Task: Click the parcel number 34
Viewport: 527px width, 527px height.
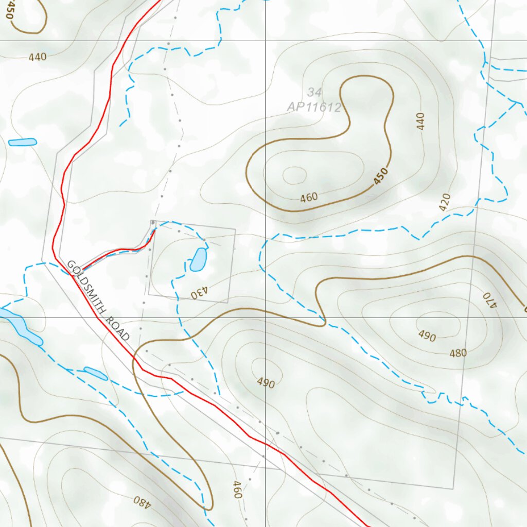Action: click(x=314, y=93)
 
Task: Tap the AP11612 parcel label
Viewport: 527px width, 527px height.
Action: click(x=314, y=108)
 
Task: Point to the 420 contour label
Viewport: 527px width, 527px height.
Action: click(x=445, y=202)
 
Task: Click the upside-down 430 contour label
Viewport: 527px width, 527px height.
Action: click(x=200, y=294)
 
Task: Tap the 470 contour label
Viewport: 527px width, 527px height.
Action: click(x=488, y=300)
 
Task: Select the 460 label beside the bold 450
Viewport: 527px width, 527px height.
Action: click(x=309, y=197)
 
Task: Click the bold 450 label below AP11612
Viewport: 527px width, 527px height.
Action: click(x=381, y=177)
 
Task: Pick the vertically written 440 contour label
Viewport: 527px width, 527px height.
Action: click(x=421, y=121)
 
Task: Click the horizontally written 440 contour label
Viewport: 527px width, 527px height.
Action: click(x=38, y=57)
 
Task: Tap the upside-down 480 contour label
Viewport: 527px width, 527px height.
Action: click(x=140, y=500)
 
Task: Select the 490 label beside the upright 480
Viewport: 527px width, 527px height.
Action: click(x=427, y=337)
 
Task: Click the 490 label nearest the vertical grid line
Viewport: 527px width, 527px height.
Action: click(x=266, y=383)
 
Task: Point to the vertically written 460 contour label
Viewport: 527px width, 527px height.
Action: click(x=236, y=489)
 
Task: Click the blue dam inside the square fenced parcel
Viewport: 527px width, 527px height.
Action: click(x=198, y=259)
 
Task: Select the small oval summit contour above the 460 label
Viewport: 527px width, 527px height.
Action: click(x=294, y=175)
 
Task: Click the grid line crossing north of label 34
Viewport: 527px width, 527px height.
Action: click(x=265, y=40)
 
